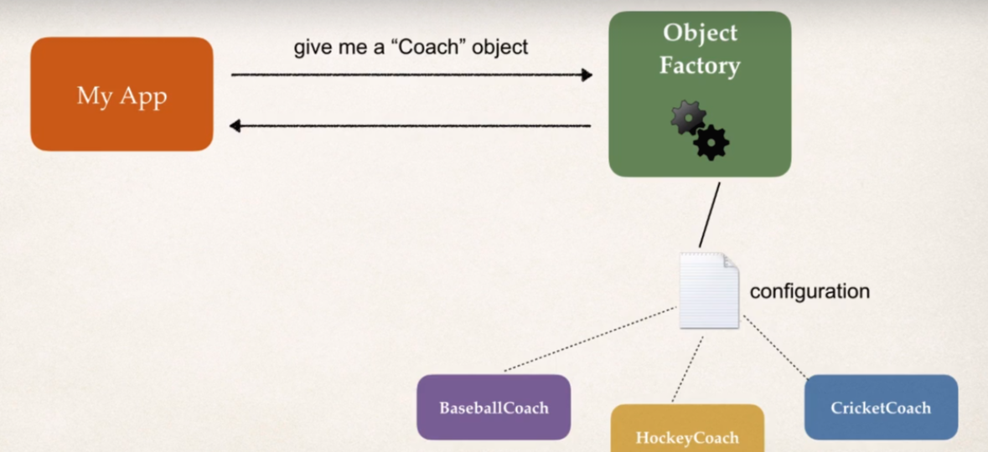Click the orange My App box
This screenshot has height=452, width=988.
[122, 94]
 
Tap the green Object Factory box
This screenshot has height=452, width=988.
[700, 94]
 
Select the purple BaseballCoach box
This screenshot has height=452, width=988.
[494, 408]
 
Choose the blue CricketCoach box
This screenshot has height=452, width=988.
[881, 408]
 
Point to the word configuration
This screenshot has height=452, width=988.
[810, 291]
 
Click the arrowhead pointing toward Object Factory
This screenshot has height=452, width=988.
[586, 75]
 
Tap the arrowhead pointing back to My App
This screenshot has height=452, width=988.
[236, 126]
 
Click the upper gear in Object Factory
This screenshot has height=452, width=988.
[688, 118]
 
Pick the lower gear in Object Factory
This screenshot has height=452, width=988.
[711, 142]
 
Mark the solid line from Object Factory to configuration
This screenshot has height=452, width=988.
[709, 215]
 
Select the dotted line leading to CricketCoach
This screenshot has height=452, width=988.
[776, 348]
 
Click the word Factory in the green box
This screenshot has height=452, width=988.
[700, 66]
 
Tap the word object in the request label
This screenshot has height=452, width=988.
[500, 48]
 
